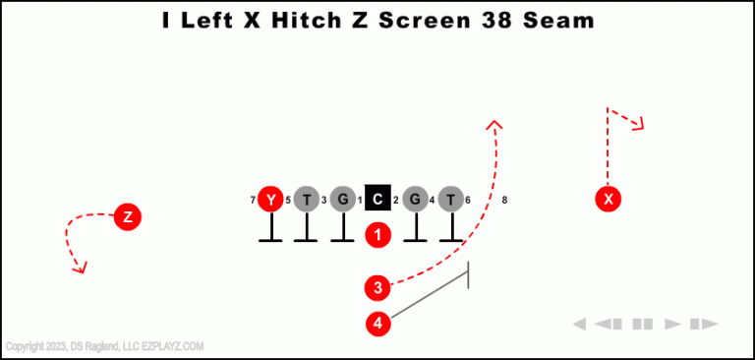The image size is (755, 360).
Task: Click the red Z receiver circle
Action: pos(127,215)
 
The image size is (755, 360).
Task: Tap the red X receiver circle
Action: pos(609,199)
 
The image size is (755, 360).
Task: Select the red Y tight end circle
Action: pos(270,199)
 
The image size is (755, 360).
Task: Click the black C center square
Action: pos(378,199)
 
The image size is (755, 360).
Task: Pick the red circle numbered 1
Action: pos(378,234)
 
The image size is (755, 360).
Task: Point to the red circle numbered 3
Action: pos(378,287)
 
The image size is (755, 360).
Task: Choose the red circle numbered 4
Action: pos(378,323)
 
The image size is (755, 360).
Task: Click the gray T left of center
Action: pos(307,199)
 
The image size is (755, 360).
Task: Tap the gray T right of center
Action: pos(450,199)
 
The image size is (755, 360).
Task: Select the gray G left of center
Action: pos(342,199)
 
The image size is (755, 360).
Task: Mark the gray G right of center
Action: pos(415,199)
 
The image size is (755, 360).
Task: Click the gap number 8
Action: pos(504,200)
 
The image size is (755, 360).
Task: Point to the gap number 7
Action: pos(253,200)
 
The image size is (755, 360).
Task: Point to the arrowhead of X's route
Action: pos(639,124)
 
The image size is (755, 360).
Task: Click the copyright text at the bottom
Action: pos(104,346)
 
